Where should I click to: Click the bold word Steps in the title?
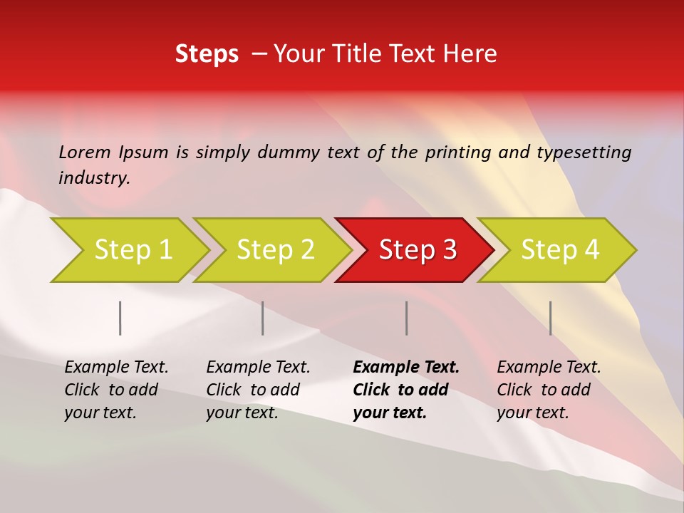[207, 54]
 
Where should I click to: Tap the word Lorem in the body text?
[85, 152]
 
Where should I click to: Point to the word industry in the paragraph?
[93, 178]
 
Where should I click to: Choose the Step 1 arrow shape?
[133, 250]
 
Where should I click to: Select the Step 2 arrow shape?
[275, 250]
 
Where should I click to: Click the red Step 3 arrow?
[417, 250]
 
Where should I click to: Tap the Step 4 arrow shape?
[559, 250]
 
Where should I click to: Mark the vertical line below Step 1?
[120, 318]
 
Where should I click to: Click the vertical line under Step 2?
[262, 318]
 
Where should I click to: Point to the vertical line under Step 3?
[406, 318]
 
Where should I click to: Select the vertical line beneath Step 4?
[550, 318]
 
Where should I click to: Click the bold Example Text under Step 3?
[406, 368]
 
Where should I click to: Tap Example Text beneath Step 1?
[116, 368]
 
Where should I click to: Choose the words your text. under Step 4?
[532, 413]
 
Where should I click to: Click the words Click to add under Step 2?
[253, 390]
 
